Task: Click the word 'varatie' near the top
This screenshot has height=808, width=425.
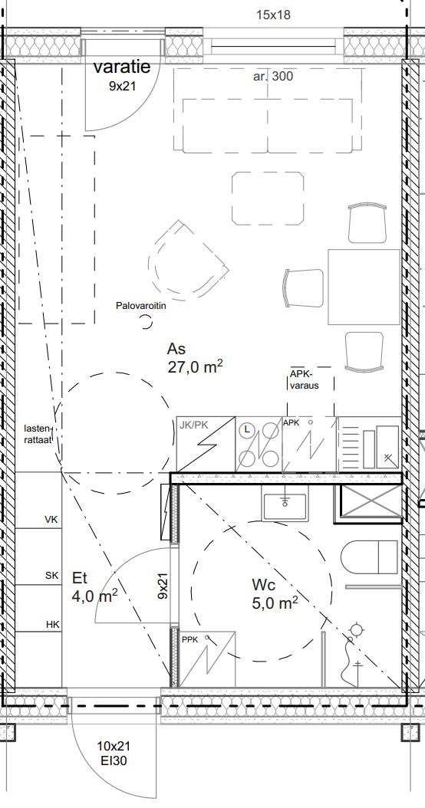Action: pyautogui.click(x=122, y=67)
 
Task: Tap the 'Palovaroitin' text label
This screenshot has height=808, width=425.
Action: pyautogui.click(x=141, y=306)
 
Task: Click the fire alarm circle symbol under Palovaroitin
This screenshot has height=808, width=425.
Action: pyautogui.click(x=147, y=323)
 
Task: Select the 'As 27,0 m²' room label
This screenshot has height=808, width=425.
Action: pyautogui.click(x=194, y=358)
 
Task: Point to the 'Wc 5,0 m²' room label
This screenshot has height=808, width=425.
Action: pyautogui.click(x=275, y=594)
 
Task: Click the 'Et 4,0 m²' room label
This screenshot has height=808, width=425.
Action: pyautogui.click(x=95, y=587)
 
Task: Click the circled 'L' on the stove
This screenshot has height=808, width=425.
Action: pyautogui.click(x=248, y=429)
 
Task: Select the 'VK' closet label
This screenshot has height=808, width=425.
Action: pyautogui.click(x=51, y=520)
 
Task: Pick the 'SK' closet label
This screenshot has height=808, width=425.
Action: pyautogui.click(x=52, y=576)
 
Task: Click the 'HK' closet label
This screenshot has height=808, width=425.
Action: pyautogui.click(x=53, y=625)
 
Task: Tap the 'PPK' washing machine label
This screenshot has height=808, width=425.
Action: pyautogui.click(x=189, y=639)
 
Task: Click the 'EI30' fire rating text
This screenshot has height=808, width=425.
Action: pyautogui.click(x=114, y=760)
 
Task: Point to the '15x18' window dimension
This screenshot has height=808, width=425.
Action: pyautogui.click(x=273, y=15)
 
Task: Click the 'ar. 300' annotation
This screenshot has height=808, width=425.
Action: pyautogui.click(x=273, y=76)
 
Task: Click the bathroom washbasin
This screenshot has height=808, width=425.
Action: pyautogui.click(x=284, y=505)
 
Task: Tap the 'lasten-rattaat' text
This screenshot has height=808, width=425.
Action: pyautogui.click(x=39, y=434)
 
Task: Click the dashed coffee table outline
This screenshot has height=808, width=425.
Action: pyautogui.click(x=268, y=199)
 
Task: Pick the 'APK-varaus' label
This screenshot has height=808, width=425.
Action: pyautogui.click(x=305, y=379)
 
